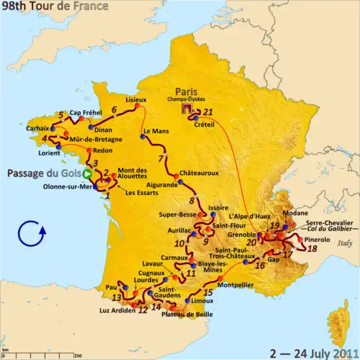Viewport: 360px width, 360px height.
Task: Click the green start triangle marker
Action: pos(87,174)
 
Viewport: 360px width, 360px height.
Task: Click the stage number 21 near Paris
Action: pos(208,112)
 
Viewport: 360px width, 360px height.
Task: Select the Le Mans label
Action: pos(155,132)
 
